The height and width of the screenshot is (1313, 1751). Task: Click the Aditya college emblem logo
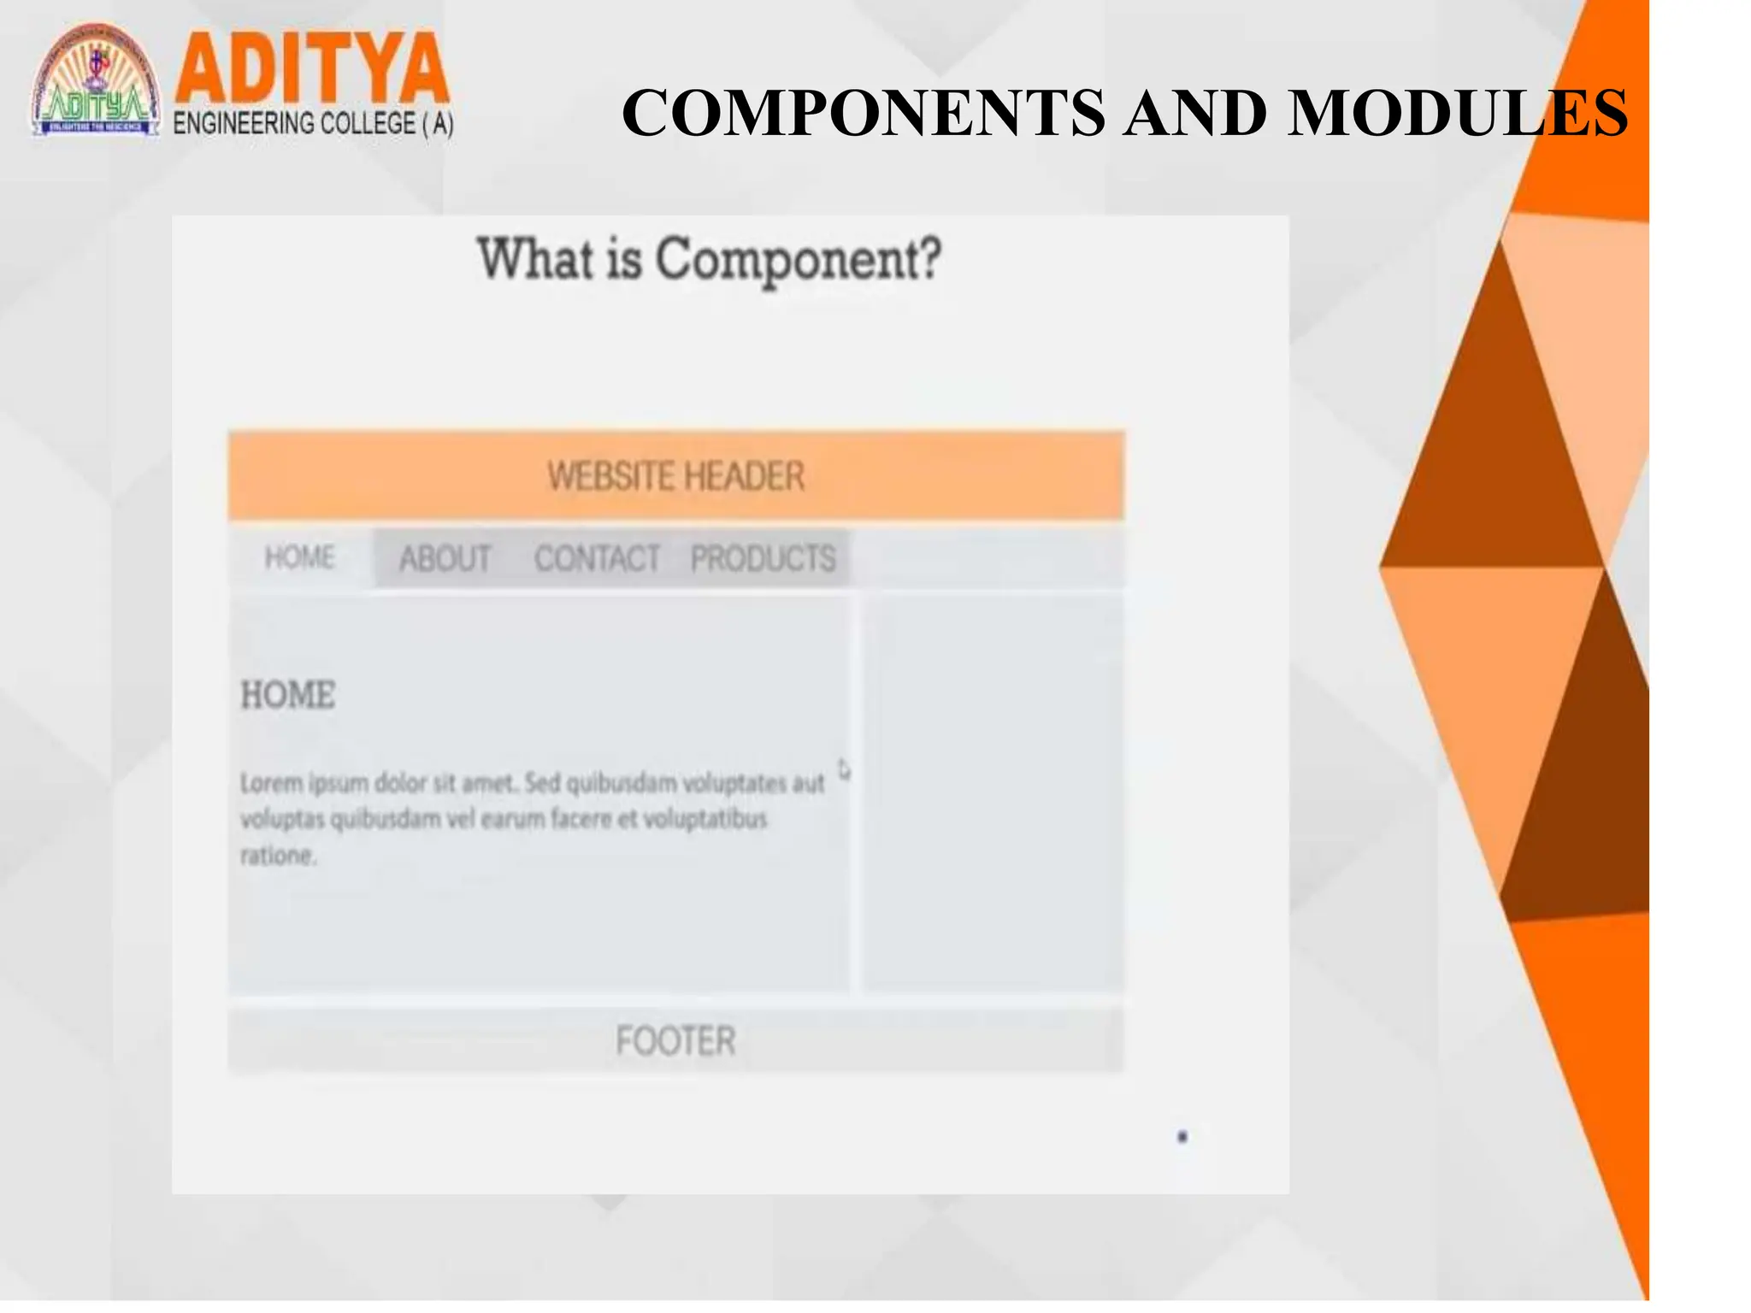(x=96, y=81)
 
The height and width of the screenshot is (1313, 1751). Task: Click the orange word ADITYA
(x=311, y=68)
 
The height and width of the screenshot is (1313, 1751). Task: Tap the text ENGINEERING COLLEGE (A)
(x=313, y=124)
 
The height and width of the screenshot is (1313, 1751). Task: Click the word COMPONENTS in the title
(x=863, y=113)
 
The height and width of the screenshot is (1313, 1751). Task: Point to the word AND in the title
(x=1194, y=113)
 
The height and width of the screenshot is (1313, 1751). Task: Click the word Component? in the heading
(x=799, y=259)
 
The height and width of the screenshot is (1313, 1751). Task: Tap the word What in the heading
(x=535, y=259)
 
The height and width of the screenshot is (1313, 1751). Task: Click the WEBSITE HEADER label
(x=675, y=476)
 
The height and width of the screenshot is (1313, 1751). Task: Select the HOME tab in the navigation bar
(x=299, y=557)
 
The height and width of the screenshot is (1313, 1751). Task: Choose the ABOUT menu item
(x=445, y=559)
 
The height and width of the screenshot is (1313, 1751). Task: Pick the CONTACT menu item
(x=597, y=559)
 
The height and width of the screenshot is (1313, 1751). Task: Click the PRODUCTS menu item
(x=763, y=559)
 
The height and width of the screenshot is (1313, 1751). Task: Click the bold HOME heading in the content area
(x=288, y=695)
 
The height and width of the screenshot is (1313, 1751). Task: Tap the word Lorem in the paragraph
(x=271, y=783)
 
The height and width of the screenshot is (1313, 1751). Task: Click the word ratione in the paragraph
(x=277, y=856)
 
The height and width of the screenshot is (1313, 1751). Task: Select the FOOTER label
(x=675, y=1041)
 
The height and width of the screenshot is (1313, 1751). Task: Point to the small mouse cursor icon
(x=844, y=770)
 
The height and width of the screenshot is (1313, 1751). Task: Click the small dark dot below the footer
(x=1182, y=1137)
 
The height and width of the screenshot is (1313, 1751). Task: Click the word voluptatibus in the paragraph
(x=705, y=819)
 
